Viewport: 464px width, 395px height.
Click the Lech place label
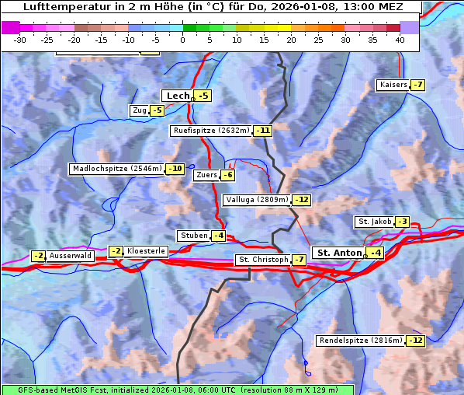(x=178, y=96)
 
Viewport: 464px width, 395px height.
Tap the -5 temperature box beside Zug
(x=157, y=110)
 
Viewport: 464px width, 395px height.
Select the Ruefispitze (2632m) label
(x=211, y=131)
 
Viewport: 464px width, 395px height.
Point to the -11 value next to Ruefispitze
(x=263, y=131)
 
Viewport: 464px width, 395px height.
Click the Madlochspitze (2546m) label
(x=116, y=169)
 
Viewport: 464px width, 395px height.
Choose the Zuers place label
(x=206, y=175)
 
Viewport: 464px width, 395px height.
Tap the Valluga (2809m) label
(x=257, y=200)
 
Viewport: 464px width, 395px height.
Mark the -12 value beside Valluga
(x=301, y=200)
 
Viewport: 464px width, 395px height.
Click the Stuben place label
(x=193, y=236)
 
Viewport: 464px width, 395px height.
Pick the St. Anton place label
(x=340, y=253)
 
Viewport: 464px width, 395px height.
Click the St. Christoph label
(x=262, y=260)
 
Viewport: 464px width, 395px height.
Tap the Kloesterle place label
(x=146, y=251)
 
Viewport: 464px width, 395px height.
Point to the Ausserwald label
(x=71, y=256)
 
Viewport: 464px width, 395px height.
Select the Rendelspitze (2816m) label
(x=362, y=341)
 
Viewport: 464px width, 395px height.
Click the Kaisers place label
(x=393, y=85)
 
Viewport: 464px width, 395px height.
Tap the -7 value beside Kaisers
(x=417, y=85)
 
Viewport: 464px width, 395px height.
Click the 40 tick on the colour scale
(x=400, y=40)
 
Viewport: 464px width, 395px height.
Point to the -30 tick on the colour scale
(x=19, y=40)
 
